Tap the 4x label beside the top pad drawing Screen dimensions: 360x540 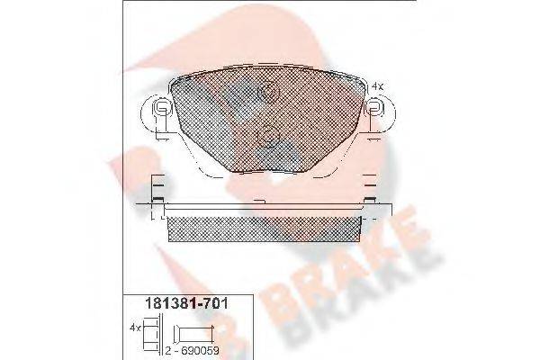point(378,85)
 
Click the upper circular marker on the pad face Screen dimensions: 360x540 point(266,92)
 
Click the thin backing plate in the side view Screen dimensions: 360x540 point(266,213)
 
